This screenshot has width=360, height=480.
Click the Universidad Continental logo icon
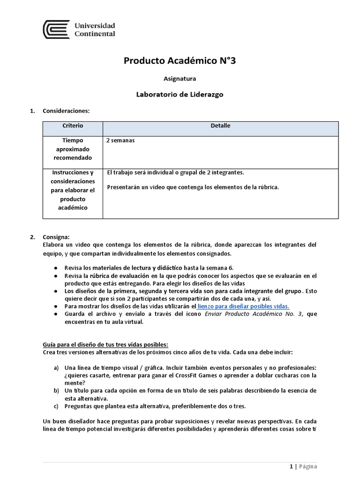tap(56, 29)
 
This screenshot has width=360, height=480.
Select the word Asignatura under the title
tap(180, 79)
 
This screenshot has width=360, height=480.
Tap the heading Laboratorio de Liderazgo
tap(180, 94)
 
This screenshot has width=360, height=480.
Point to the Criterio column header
tap(73, 126)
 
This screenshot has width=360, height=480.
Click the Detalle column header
tap(220, 126)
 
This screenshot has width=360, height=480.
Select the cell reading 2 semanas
tap(120, 141)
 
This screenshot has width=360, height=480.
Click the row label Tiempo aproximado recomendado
tap(73, 149)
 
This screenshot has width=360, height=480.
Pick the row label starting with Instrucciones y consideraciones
tap(73, 190)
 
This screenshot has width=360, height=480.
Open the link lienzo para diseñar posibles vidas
tap(243, 306)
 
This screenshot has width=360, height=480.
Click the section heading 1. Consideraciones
tap(66, 111)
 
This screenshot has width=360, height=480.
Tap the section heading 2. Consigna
tap(56, 237)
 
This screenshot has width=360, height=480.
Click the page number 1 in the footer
tap(291, 466)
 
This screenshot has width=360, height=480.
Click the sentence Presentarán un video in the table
tap(193, 187)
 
